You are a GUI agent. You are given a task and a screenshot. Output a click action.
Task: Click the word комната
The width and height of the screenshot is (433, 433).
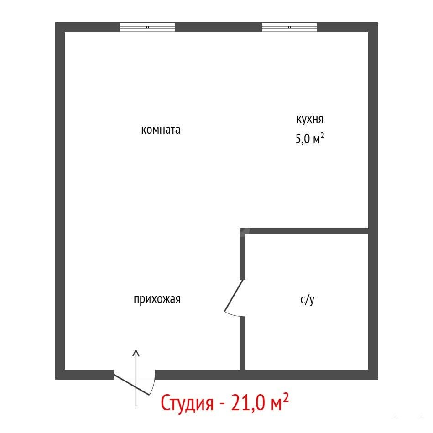161,130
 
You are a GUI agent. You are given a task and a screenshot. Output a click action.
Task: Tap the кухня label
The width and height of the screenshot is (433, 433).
309,119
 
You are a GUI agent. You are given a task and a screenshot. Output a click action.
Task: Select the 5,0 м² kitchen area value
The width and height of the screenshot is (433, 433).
309,138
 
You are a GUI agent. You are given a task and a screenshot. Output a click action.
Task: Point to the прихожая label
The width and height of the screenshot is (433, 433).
157,299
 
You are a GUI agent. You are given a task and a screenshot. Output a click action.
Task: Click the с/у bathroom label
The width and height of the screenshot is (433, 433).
308,299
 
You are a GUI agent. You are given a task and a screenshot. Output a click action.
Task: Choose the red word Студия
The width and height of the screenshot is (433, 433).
187,402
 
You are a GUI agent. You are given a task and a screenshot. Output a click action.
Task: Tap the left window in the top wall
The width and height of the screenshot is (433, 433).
148,27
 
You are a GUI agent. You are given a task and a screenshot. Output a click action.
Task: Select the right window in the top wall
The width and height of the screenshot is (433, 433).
289,27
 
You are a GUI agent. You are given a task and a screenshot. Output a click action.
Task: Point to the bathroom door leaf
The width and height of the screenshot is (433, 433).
234,296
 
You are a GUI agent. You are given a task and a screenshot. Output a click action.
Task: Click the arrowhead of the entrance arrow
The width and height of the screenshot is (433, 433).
136,353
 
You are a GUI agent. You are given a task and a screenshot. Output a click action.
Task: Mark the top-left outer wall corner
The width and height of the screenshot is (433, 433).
55,23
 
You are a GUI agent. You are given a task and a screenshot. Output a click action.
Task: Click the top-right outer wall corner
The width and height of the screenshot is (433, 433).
378,23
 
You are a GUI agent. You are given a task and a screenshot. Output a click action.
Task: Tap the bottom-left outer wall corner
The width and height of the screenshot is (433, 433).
55,379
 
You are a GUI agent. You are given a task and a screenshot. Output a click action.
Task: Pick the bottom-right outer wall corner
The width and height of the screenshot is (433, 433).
378,379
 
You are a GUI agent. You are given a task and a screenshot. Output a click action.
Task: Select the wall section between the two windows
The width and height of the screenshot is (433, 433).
219,27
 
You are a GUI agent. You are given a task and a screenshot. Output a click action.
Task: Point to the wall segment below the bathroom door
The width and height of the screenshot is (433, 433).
243,343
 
